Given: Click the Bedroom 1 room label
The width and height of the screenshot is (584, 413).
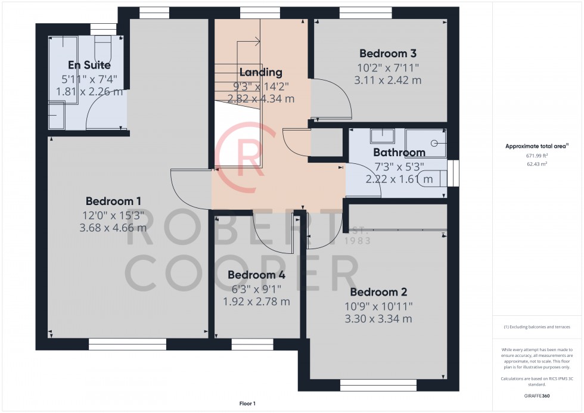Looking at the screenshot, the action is click(113, 201).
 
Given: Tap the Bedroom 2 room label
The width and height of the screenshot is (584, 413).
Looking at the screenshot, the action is click(378, 292).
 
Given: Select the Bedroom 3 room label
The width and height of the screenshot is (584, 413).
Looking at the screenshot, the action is click(388, 54).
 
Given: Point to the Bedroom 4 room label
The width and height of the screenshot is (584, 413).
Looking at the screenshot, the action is click(256, 275).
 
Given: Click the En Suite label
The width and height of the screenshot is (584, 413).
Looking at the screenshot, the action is click(89, 65).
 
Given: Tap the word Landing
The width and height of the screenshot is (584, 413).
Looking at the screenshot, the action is click(261, 72).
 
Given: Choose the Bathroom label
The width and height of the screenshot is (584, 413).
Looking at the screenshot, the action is click(399, 153).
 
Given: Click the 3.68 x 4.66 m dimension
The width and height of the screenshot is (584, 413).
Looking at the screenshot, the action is click(113, 228).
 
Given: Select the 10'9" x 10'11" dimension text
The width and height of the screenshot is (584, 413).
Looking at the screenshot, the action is click(378, 306).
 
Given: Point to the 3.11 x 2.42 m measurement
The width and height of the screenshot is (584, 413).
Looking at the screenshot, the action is click(388, 80).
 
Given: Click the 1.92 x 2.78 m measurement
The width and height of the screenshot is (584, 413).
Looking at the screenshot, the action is click(256, 302).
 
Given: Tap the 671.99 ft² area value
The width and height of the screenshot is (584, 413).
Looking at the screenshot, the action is click(537, 156).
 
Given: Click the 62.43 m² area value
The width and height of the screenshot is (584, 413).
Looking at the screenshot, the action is click(537, 164).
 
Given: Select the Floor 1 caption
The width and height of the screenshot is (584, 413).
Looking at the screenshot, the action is click(247, 403).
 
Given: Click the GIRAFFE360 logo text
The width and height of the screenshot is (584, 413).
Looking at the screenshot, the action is click(537, 396).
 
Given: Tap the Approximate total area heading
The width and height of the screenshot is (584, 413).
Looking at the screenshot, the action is click(537, 146).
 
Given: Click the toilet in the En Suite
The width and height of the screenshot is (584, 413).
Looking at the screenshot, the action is click(102, 48).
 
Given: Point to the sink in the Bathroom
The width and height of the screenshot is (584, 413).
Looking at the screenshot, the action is click(382, 136).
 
